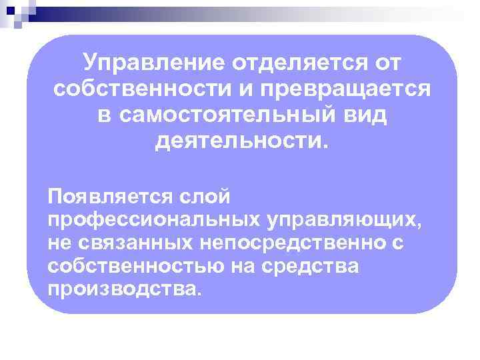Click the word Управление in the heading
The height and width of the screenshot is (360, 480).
153,63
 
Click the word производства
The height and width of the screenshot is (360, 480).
123,290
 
